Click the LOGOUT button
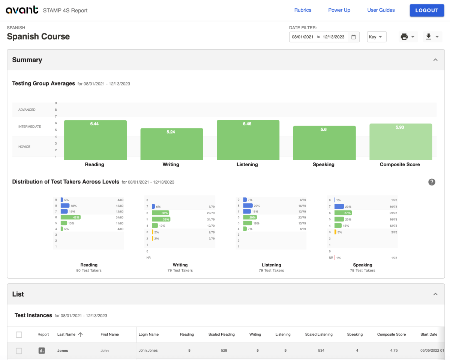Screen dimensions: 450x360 [x=427, y=10]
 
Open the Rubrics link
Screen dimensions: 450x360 [x=303, y=10]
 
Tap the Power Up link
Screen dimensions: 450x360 [x=339, y=10]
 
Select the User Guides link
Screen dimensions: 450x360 [x=381, y=10]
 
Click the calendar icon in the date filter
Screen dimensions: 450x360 [x=353, y=37]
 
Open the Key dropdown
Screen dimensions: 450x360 [x=376, y=37]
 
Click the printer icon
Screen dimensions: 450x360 [x=404, y=37]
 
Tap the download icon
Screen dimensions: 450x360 [x=429, y=37]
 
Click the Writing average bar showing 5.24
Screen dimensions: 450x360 [x=172, y=144]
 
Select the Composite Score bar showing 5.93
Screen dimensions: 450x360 [x=400, y=142]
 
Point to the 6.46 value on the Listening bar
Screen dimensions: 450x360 [x=247, y=124]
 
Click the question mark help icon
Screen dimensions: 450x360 [x=432, y=182]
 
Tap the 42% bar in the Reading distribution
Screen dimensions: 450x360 [x=70, y=217]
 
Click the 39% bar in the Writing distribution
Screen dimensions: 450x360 [x=161, y=219]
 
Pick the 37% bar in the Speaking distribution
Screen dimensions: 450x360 [x=343, y=213]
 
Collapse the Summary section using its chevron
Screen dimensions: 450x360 [x=435, y=60]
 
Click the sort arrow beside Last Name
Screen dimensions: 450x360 [x=80, y=334]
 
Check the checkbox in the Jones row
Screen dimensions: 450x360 [x=19, y=351]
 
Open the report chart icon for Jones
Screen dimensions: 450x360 [x=42, y=350]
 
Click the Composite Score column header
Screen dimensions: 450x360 [x=391, y=334]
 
